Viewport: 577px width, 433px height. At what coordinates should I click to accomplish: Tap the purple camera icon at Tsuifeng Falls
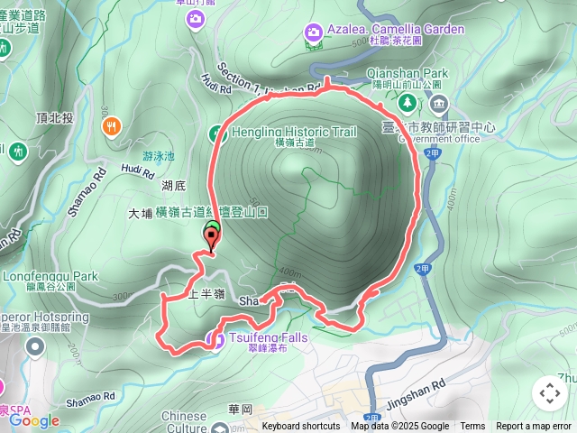point(215,339)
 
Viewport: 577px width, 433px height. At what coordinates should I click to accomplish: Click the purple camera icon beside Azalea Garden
point(313,32)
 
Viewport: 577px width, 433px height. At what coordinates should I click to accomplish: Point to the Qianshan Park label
point(408,73)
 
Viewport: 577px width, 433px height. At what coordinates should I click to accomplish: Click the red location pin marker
point(212,239)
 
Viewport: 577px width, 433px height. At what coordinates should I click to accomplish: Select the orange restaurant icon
point(113,128)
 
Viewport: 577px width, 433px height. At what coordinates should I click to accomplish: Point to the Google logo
point(34,419)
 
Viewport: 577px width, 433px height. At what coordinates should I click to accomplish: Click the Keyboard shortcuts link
point(301,427)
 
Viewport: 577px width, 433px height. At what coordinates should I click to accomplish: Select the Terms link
point(472,427)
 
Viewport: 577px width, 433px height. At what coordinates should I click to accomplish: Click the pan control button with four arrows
point(549,393)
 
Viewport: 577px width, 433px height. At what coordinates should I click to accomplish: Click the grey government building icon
point(439,103)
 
